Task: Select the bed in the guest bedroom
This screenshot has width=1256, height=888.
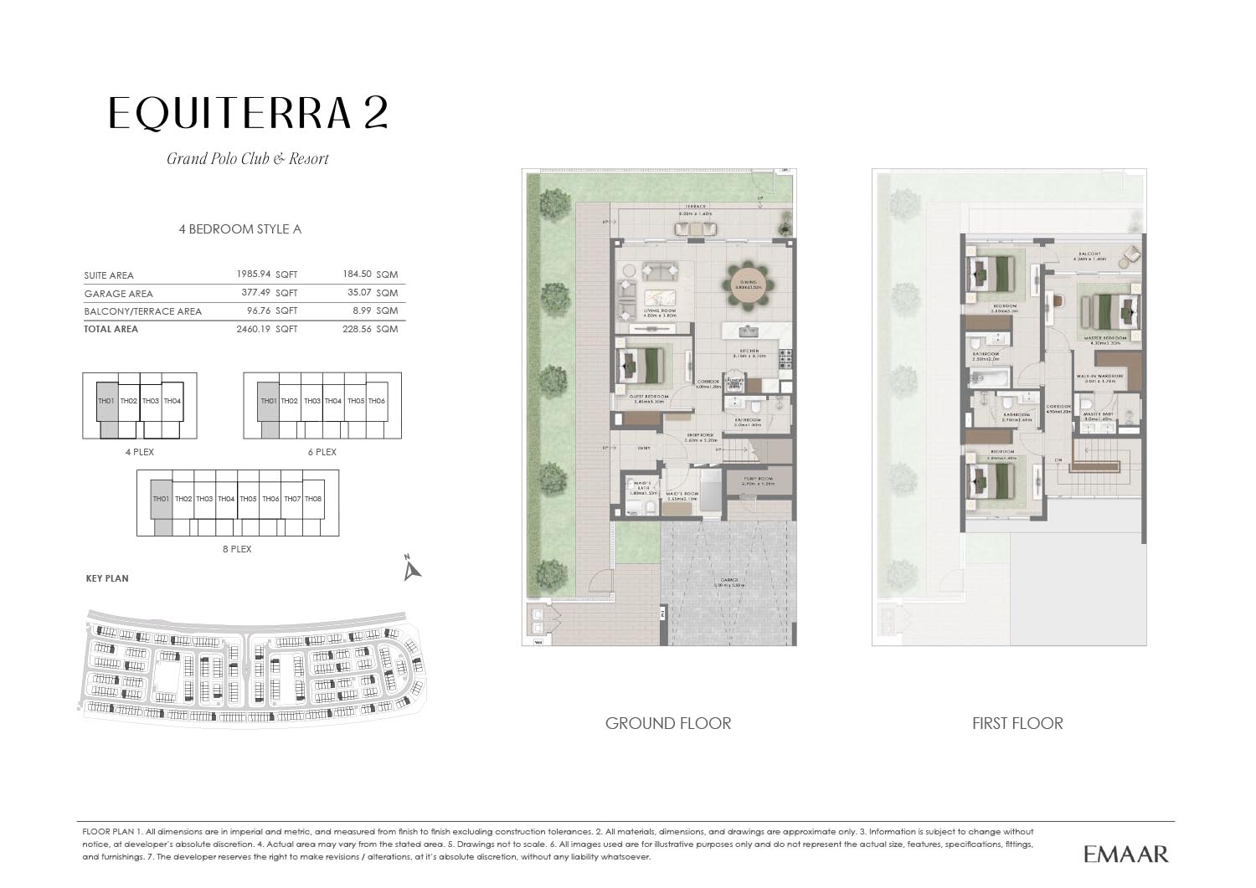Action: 646,365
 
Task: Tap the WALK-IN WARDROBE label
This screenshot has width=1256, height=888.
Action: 1099,377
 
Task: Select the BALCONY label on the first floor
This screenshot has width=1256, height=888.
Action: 1089,254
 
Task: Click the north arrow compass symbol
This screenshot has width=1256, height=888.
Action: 411,568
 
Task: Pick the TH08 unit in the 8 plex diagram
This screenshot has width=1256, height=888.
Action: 313,500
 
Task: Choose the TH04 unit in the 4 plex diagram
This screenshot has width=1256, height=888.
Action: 172,401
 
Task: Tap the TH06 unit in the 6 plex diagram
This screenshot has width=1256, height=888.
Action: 377,401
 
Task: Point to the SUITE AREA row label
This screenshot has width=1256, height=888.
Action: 109,275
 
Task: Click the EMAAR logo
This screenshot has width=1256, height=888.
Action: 1125,854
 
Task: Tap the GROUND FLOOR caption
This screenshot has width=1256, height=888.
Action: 667,723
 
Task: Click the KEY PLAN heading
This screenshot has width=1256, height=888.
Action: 107,578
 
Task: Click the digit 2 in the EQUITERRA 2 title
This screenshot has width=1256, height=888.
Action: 375,113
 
